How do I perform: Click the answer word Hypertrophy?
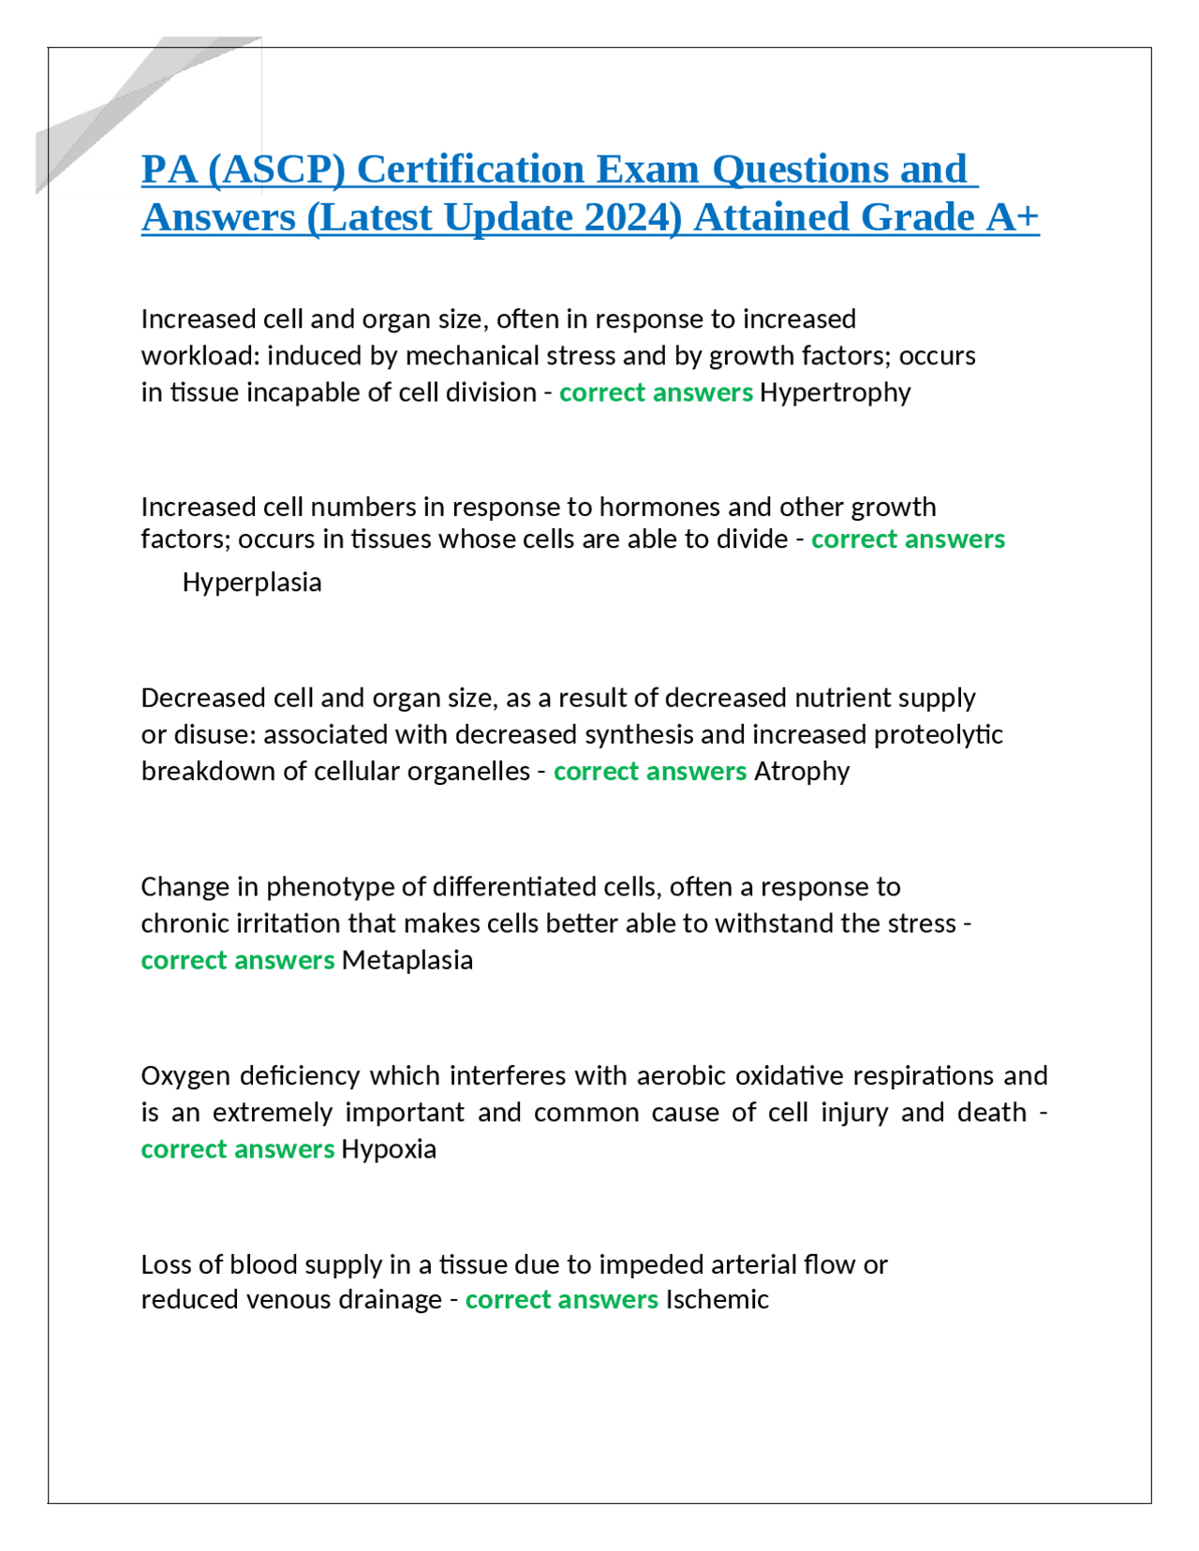tap(835, 392)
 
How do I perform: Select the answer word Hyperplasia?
tap(252, 583)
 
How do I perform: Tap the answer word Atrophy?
tap(802, 772)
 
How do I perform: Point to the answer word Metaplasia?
tap(407, 961)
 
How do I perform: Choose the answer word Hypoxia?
tap(389, 1149)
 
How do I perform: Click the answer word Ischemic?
tap(717, 1300)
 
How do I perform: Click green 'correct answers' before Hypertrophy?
tap(656, 392)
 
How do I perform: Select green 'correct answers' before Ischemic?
tap(561, 1300)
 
